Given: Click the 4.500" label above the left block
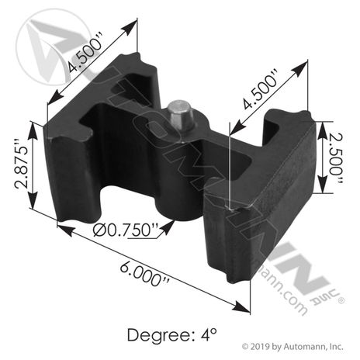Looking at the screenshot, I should click(x=85, y=52).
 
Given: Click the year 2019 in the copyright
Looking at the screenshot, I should click(x=260, y=346).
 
